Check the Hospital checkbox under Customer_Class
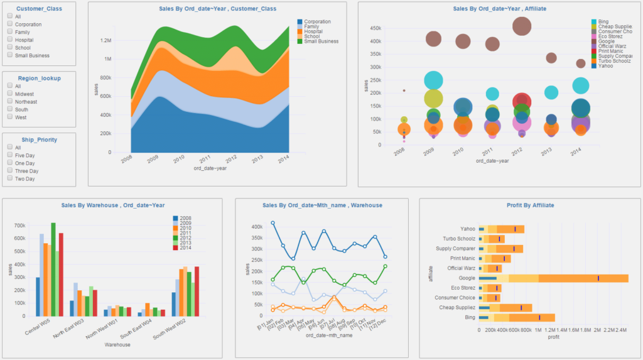click(x=10, y=39)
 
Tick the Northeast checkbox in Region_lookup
click(x=10, y=101)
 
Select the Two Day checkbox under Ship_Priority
click(x=10, y=178)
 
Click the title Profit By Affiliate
click(x=530, y=205)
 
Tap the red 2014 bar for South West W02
click(x=197, y=291)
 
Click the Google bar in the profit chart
click(x=553, y=278)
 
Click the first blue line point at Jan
click(x=273, y=223)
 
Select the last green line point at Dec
click(x=385, y=266)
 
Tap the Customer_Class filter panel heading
click(x=39, y=9)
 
